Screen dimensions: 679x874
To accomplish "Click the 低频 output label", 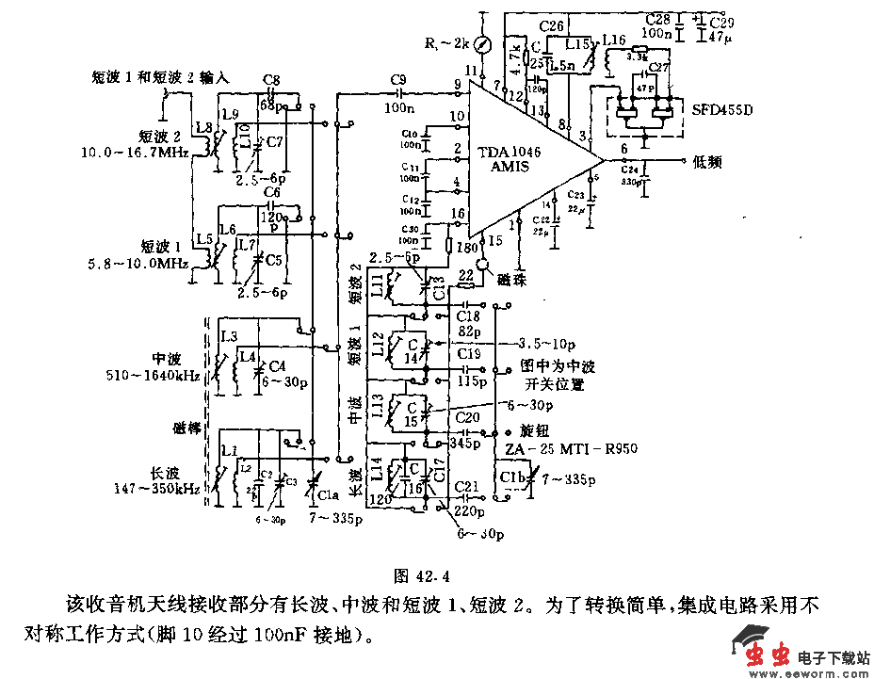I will (706, 162).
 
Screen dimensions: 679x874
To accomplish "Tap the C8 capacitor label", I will (271, 80).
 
